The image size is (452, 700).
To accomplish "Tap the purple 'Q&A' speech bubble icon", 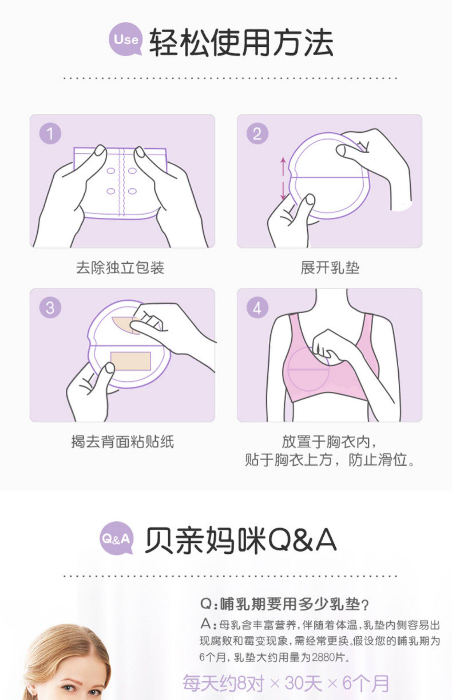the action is click(117, 538).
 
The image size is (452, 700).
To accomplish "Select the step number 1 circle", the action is click(50, 134).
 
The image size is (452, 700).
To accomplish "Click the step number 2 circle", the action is click(257, 134).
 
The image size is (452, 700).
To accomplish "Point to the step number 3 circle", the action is click(50, 308).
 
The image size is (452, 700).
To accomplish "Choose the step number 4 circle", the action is click(257, 308).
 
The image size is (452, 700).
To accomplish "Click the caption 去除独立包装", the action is click(120, 268).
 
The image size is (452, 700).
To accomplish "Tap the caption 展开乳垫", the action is click(330, 268).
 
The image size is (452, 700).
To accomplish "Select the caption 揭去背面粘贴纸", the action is click(123, 442).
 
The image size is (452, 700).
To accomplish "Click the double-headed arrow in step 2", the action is click(283, 178).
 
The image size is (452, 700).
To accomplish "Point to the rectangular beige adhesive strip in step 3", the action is click(130, 361).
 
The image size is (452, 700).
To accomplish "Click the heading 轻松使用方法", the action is click(241, 43).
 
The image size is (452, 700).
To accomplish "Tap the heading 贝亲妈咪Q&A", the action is click(240, 541).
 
